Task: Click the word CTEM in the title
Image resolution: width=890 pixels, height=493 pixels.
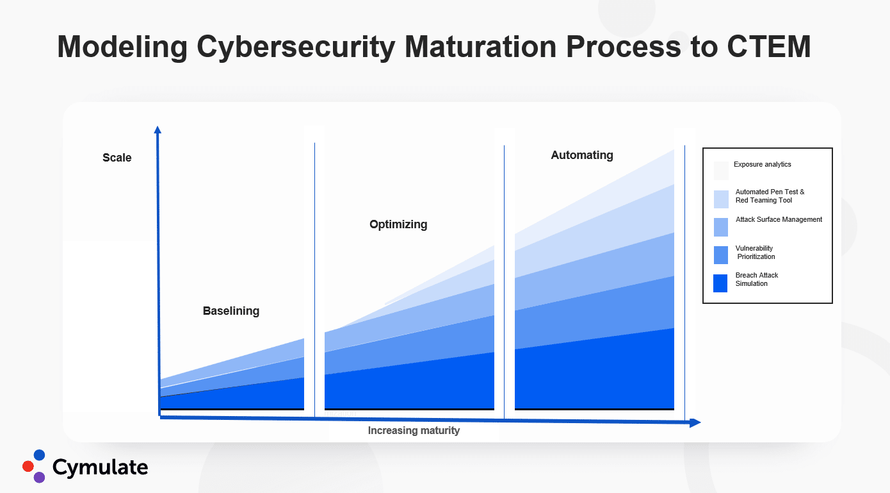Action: pyautogui.click(x=769, y=47)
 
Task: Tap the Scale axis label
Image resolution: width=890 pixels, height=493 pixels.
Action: pyautogui.click(x=117, y=158)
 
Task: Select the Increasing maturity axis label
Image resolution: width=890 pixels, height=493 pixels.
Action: pyautogui.click(x=414, y=431)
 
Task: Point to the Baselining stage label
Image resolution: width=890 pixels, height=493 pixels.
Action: pyautogui.click(x=231, y=311)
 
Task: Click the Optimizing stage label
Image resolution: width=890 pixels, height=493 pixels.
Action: pyautogui.click(x=398, y=224)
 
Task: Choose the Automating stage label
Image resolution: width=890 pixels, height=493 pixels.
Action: pyautogui.click(x=582, y=155)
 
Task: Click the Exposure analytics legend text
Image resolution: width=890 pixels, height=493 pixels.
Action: pyautogui.click(x=762, y=164)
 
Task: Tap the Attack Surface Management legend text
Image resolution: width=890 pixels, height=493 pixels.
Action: pyautogui.click(x=779, y=220)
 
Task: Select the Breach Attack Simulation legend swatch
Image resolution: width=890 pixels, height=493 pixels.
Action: pyautogui.click(x=720, y=283)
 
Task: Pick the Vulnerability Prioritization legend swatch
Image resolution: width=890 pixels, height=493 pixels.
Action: pyautogui.click(x=721, y=255)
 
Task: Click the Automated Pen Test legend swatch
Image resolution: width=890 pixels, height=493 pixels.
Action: pyautogui.click(x=721, y=199)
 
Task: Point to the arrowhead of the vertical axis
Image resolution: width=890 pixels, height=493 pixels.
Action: pyautogui.click(x=158, y=130)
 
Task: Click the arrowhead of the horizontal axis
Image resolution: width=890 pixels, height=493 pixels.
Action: pyautogui.click(x=695, y=423)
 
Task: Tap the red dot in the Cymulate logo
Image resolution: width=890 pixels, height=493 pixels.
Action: pyautogui.click(x=28, y=466)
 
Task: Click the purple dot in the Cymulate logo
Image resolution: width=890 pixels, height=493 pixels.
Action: pyautogui.click(x=39, y=477)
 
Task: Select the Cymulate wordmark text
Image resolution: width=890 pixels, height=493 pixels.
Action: pyautogui.click(x=100, y=467)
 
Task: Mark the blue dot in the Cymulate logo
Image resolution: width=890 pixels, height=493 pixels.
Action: pyautogui.click(x=39, y=455)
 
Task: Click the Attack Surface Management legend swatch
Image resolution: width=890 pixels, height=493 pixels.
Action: pyautogui.click(x=721, y=227)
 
